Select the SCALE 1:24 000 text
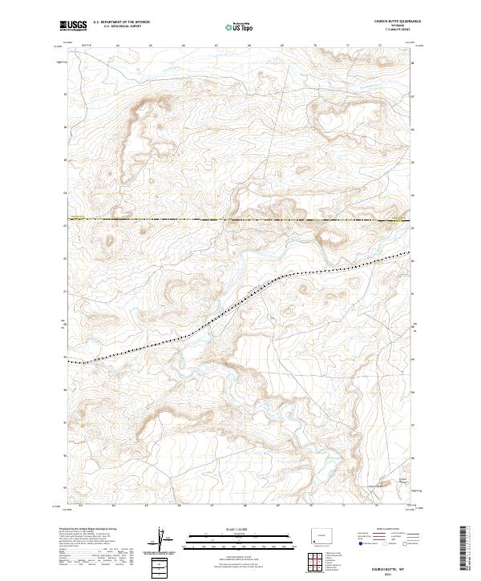(x=240, y=529)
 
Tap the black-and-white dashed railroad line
(x=240, y=296)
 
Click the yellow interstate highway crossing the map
(x=240, y=220)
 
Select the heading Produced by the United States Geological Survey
(x=95, y=530)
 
